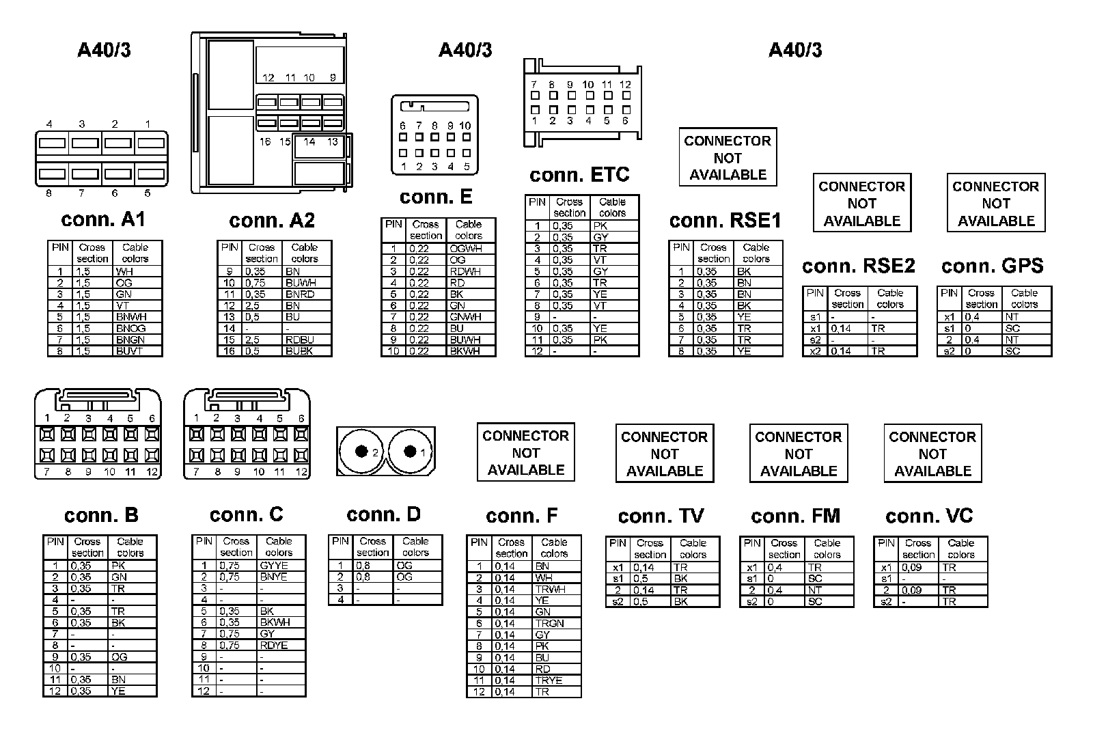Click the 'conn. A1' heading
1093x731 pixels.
click(103, 219)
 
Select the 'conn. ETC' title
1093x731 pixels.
click(579, 175)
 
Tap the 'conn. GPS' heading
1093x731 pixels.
click(992, 266)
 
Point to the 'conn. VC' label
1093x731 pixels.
click(929, 516)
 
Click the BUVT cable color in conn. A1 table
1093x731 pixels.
click(130, 351)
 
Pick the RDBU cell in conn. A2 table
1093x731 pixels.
click(300, 340)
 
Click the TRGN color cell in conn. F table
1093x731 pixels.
click(549, 623)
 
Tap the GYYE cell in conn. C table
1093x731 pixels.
click(274, 566)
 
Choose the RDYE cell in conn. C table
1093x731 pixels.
click(274, 646)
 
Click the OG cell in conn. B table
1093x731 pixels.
click(119, 657)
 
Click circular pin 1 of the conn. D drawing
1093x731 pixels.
click(410, 452)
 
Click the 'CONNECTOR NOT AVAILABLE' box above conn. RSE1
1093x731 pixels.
click(728, 157)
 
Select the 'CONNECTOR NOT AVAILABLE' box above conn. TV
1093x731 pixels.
click(664, 454)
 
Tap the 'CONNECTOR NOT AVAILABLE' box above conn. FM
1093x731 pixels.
click(798, 454)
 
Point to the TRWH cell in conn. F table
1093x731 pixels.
click(550, 589)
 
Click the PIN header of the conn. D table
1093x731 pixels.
click(340, 541)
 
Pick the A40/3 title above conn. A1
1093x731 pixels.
click(104, 50)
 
